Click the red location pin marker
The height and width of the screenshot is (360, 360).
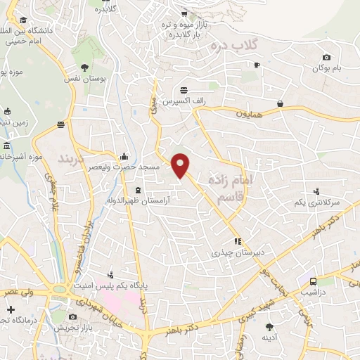[x=181, y=165]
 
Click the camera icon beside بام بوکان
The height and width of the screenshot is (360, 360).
[x=326, y=58]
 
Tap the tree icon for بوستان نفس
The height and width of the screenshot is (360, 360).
[x=84, y=67]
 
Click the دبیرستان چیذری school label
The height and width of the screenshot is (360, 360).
[x=238, y=250]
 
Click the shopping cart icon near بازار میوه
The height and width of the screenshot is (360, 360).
[x=184, y=13]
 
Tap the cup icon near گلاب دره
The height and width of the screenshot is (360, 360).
[x=257, y=65]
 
